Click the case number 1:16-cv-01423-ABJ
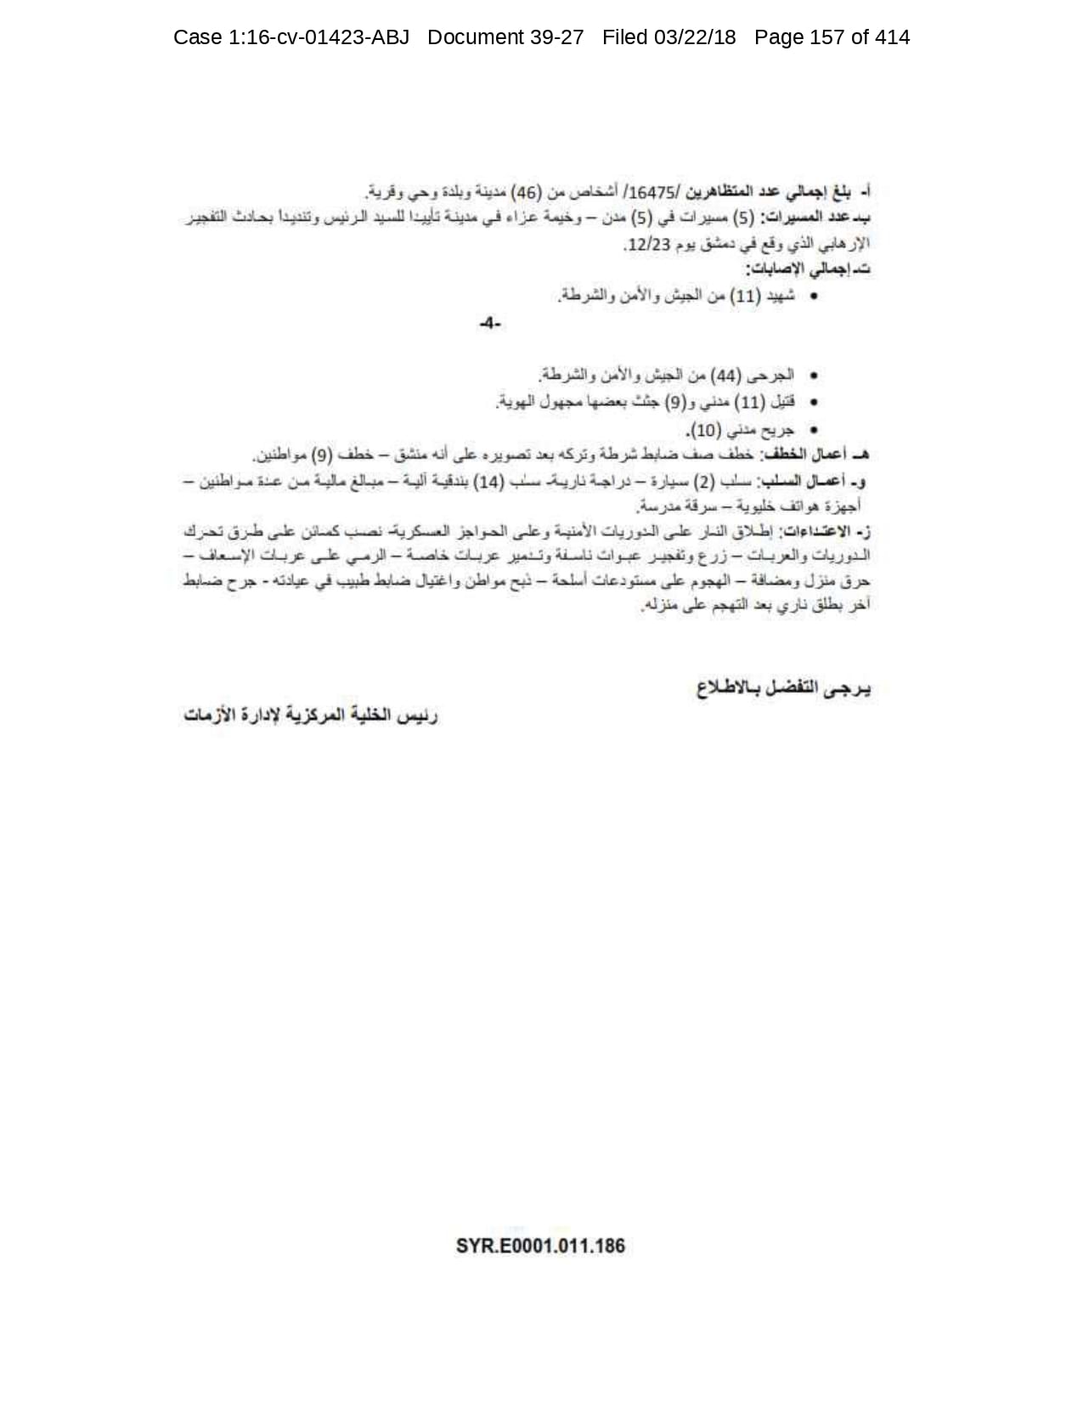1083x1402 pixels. click(290, 37)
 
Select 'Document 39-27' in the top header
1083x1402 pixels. click(505, 37)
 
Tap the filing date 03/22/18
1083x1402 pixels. click(669, 37)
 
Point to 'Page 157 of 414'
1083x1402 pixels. click(832, 37)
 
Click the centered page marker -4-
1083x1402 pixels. click(490, 323)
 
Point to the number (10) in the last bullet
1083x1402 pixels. click(708, 429)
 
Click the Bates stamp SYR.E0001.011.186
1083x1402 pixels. click(540, 1246)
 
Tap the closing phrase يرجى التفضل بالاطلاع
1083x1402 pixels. click(783, 688)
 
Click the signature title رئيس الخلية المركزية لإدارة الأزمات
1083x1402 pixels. click(310, 715)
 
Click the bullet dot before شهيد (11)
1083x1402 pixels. click(815, 297)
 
